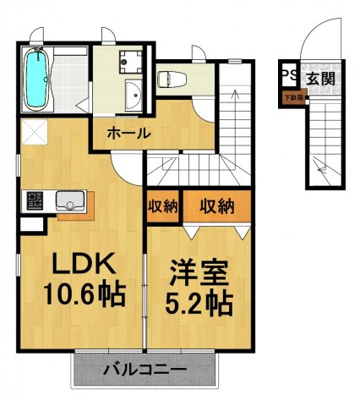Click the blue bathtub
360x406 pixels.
37,78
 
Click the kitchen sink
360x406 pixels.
70,200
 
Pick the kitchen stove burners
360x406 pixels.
35,200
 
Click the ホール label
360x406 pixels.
128,133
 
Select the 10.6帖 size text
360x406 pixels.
85,295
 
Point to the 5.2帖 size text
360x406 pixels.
200,304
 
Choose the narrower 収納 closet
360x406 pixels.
161,205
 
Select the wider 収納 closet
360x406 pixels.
216,205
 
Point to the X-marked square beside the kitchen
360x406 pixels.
35,132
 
